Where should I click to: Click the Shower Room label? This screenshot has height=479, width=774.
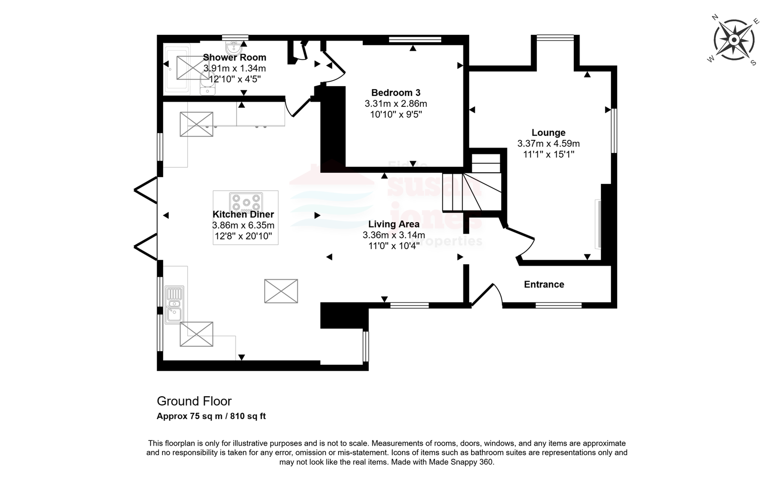(234, 58)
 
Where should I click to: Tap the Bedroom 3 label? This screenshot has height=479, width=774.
(396, 92)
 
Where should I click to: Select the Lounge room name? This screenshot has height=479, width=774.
(549, 133)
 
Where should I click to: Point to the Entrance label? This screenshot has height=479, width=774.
(544, 284)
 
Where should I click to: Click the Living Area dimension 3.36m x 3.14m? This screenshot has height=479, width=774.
(394, 235)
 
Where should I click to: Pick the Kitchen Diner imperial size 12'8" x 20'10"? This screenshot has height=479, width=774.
(243, 237)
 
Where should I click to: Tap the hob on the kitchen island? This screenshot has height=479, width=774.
(246, 202)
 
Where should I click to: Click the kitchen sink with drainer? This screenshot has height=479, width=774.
(174, 304)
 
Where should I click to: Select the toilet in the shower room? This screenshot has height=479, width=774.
(208, 84)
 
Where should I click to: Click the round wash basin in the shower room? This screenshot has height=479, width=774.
(234, 48)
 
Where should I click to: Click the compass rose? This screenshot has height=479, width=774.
(734, 40)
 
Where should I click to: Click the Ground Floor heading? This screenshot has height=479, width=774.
(194, 401)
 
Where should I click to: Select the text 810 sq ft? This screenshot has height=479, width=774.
(248, 416)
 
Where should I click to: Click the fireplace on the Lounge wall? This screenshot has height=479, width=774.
(598, 224)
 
